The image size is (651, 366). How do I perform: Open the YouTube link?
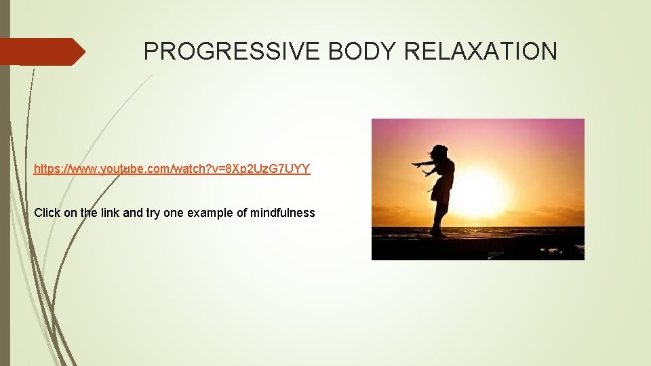tap(172, 169)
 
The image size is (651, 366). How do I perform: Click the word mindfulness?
tap(283, 213)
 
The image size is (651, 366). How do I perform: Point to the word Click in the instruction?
tap(47, 213)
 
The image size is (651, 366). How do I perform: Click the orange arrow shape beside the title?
tap(42, 52)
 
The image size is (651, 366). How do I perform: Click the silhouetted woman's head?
tap(439, 152)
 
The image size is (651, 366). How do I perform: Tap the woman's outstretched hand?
tap(415, 164)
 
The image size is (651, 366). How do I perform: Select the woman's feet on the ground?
tap(438, 234)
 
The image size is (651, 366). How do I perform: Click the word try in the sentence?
tap(154, 213)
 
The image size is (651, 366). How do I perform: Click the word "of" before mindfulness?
tap(242, 213)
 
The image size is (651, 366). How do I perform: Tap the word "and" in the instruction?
tap(134, 213)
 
